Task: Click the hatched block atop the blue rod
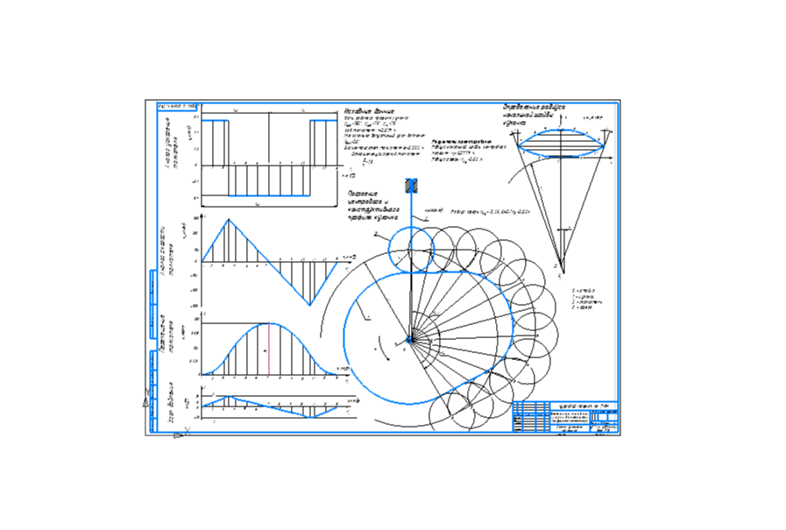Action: [x=412, y=186]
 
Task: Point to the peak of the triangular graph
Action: [x=229, y=220]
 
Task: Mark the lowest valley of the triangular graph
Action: [x=308, y=304]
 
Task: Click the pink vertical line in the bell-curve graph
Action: [x=268, y=349]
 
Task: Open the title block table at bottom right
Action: [x=565, y=418]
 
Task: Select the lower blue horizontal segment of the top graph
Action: [x=268, y=195]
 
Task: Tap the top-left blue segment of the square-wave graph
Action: [x=216, y=120]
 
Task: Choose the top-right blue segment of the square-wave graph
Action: [x=323, y=120]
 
